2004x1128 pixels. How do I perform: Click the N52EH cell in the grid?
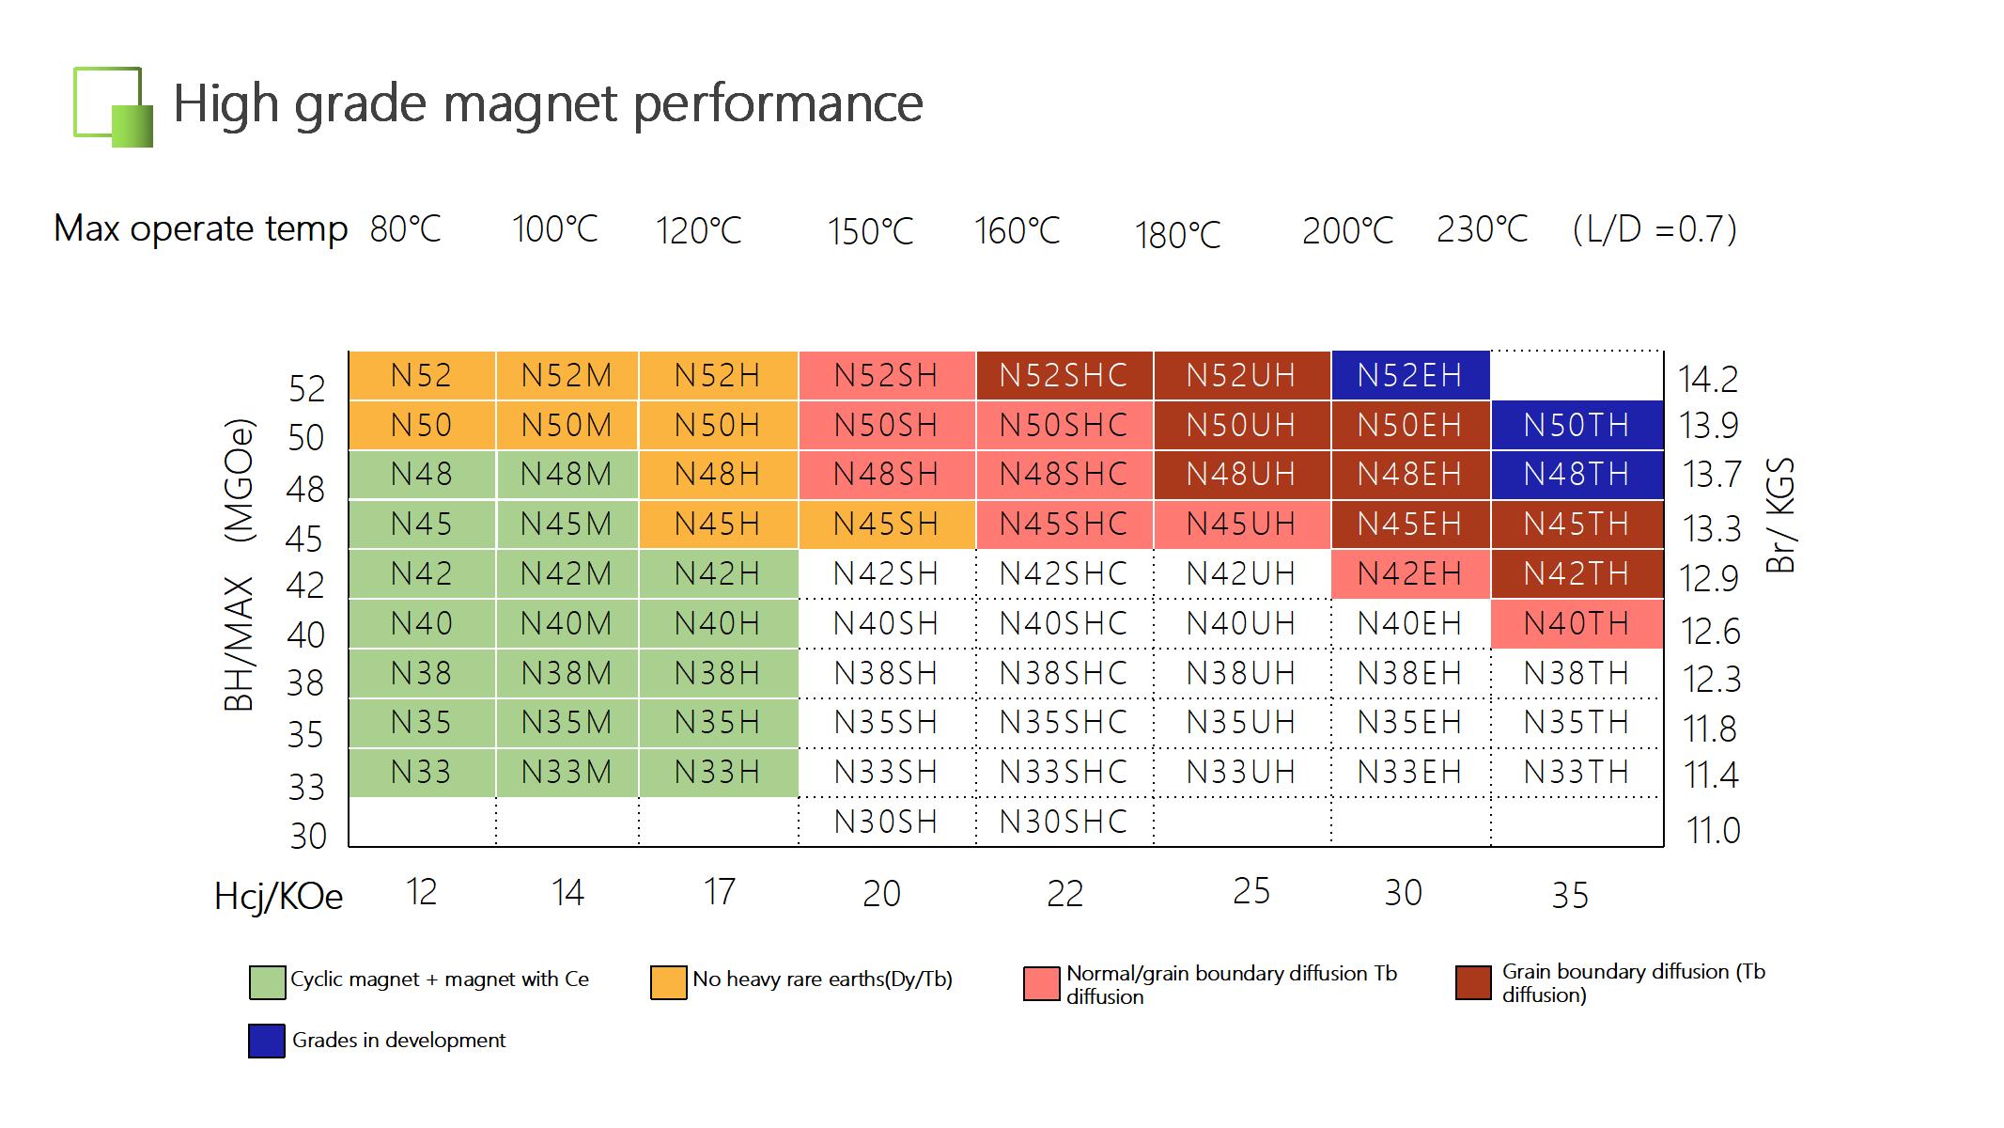click(x=1410, y=375)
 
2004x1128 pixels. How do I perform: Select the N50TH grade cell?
click(x=1577, y=425)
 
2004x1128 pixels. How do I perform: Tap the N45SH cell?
click(x=886, y=524)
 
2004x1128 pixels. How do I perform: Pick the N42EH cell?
click(x=1410, y=573)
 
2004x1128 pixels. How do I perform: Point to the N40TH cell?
click(x=1577, y=623)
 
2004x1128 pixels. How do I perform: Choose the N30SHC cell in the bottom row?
click(x=1064, y=822)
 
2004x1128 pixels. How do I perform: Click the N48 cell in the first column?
click(x=422, y=474)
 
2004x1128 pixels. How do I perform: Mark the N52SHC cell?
click(x=1064, y=375)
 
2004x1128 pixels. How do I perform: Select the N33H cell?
click(x=718, y=772)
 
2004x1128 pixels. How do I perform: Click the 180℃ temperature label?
click(x=1178, y=235)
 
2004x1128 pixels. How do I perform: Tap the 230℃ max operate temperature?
click(x=1483, y=229)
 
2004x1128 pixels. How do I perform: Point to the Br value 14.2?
click(x=1708, y=379)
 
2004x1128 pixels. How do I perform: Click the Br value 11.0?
click(x=1713, y=831)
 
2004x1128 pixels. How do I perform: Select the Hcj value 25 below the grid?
click(x=1251, y=891)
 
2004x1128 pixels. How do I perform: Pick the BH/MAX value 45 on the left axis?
click(x=305, y=539)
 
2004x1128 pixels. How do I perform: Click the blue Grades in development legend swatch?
click(x=267, y=1041)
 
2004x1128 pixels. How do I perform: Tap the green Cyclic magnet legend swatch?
click(x=267, y=981)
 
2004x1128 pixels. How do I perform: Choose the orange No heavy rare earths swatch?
click(x=668, y=982)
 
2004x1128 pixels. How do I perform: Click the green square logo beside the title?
click(x=113, y=107)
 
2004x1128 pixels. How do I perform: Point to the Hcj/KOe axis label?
click(x=279, y=897)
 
